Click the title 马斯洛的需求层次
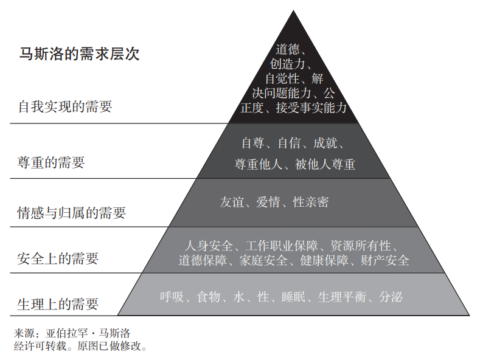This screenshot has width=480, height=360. pyautogui.click(x=79, y=54)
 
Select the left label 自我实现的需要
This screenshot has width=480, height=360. pyautogui.click(x=65, y=107)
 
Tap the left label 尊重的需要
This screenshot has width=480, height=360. pyautogui.click(x=51, y=162)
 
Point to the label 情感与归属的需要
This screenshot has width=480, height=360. pyautogui.click(x=72, y=213)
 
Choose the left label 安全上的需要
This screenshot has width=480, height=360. pyautogui.click(x=58, y=258)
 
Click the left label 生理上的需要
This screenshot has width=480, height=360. pyautogui.click(x=58, y=303)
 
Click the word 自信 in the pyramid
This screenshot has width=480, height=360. pyautogui.click(x=290, y=144)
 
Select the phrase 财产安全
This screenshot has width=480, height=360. pyautogui.click(x=385, y=261)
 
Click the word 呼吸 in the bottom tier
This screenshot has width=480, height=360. pyautogui.click(x=172, y=297)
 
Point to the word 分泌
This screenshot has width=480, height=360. pyautogui.click(x=391, y=297)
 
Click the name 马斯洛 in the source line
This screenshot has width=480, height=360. pyautogui.click(x=115, y=333)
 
